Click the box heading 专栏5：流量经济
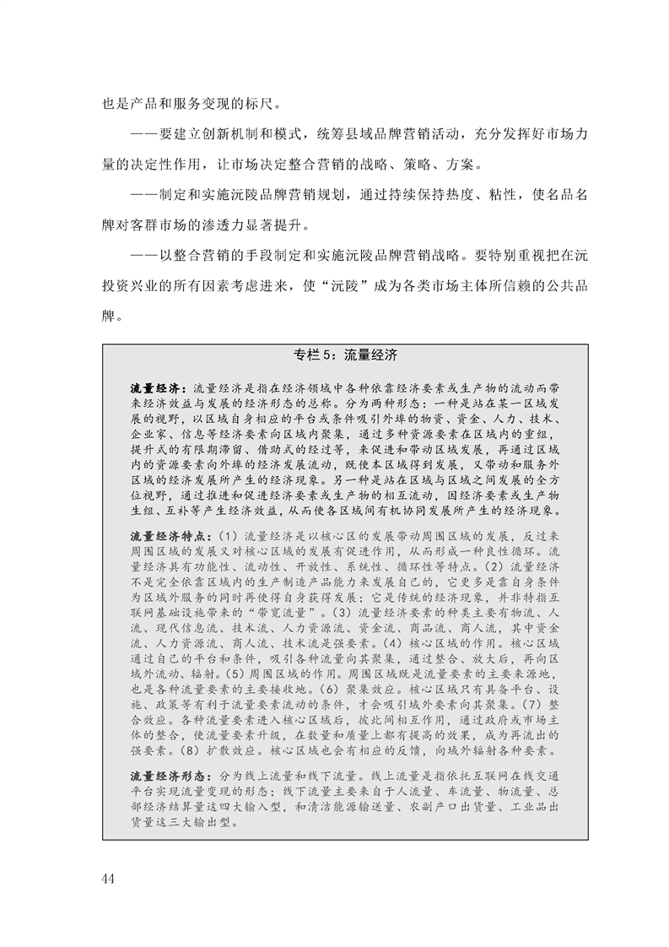[x=344, y=354]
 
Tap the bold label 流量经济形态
[x=166, y=774]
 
